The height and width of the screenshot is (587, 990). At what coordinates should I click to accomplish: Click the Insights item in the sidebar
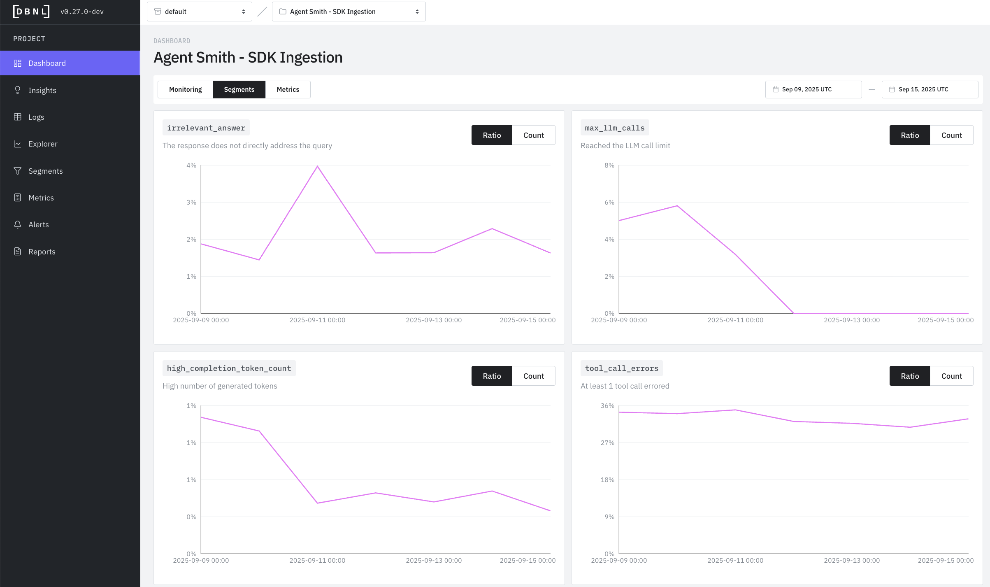[42, 90]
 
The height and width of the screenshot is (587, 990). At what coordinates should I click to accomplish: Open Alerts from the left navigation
[38, 224]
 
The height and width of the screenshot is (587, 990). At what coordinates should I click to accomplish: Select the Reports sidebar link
[42, 252]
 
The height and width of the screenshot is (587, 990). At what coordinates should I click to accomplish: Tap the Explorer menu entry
[43, 144]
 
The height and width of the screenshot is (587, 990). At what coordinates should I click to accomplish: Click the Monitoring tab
[185, 89]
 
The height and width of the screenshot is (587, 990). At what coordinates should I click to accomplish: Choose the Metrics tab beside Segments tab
[288, 89]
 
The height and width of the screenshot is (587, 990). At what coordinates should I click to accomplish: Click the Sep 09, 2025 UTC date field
[813, 89]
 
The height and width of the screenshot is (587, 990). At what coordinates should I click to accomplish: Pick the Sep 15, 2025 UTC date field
[930, 89]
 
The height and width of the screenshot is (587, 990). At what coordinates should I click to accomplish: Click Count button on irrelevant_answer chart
[533, 135]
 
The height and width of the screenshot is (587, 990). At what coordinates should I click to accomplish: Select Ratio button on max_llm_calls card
[909, 135]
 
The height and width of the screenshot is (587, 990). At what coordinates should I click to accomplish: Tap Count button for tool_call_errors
[951, 376]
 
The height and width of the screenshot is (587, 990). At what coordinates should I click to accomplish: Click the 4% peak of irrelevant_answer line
[317, 166]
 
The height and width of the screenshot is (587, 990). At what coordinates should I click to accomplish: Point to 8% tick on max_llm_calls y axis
[609, 165]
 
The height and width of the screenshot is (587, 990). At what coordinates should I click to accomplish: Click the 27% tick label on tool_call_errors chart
[607, 443]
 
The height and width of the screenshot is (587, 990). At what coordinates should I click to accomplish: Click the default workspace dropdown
[200, 12]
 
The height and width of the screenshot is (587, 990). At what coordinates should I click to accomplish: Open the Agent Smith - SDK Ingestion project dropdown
[349, 12]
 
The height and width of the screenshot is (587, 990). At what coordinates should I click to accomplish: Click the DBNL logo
[31, 12]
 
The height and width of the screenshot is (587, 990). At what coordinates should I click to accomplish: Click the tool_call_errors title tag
[621, 368]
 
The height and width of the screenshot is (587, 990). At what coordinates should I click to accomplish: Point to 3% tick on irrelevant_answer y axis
[191, 203]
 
